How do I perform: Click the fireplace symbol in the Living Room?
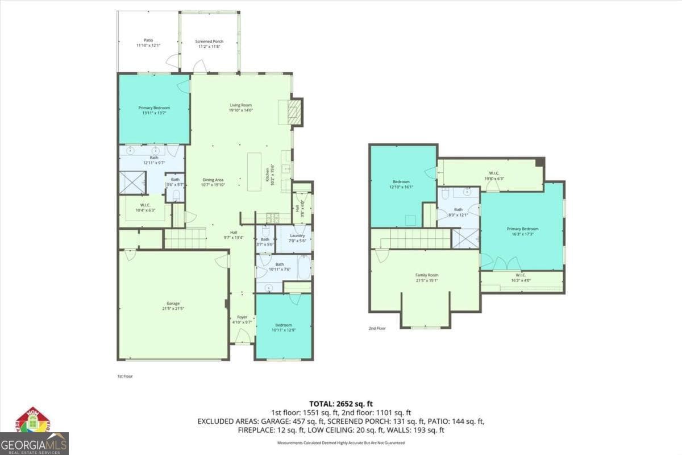[x=294, y=112]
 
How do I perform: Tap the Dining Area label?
[x=213, y=182]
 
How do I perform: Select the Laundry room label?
[x=298, y=238]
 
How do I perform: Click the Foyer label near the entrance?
[x=242, y=319]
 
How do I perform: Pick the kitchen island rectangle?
[x=254, y=171]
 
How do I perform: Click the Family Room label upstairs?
[x=426, y=277]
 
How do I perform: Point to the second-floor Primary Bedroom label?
[x=522, y=231]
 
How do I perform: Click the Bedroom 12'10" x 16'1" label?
[x=400, y=184]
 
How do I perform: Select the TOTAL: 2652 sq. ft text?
[x=340, y=403]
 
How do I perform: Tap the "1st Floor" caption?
[x=124, y=376]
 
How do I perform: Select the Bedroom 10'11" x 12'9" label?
[x=283, y=327]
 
